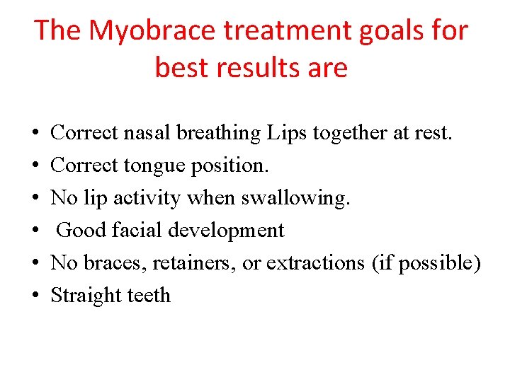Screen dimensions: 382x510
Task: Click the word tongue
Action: (x=150, y=165)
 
